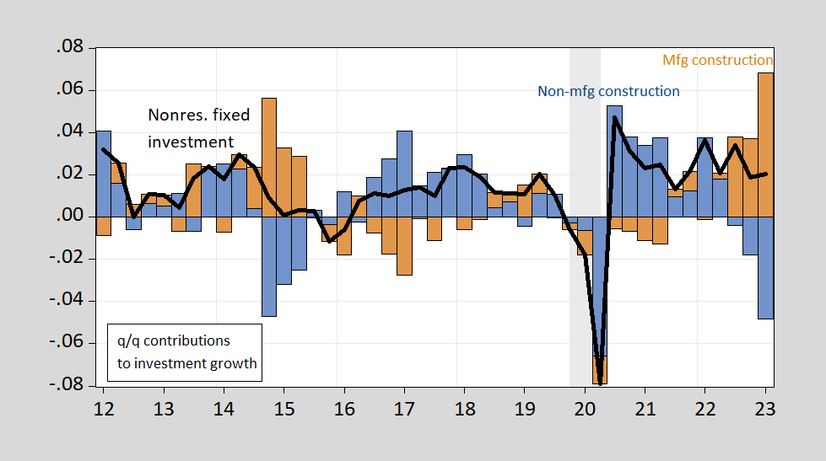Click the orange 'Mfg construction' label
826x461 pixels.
tap(717, 60)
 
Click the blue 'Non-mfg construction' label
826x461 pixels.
tap(608, 91)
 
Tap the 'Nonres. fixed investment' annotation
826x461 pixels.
tap(191, 129)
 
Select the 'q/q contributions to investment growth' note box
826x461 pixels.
tap(187, 352)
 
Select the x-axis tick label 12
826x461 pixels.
tap(104, 408)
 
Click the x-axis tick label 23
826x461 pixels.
tap(765, 408)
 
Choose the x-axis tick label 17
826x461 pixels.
tap(404, 408)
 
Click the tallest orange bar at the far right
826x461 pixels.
tap(765, 143)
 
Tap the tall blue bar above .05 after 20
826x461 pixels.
tap(615, 160)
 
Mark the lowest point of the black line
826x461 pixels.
tap(600, 383)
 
